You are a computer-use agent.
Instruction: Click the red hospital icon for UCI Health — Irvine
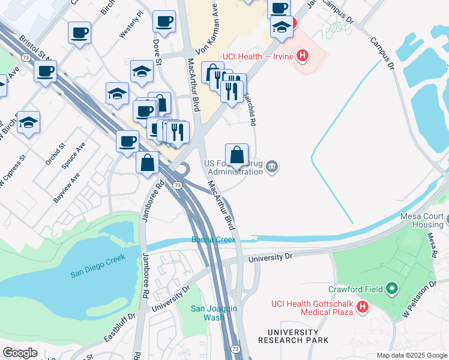pos(303,57)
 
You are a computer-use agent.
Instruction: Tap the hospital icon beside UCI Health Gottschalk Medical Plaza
pos(363,308)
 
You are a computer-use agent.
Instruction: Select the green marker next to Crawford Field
pos(393,289)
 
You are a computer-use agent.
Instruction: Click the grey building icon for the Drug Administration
pos(273,167)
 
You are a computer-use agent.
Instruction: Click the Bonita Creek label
pos(214,239)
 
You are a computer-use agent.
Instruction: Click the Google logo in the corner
pos(20,353)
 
